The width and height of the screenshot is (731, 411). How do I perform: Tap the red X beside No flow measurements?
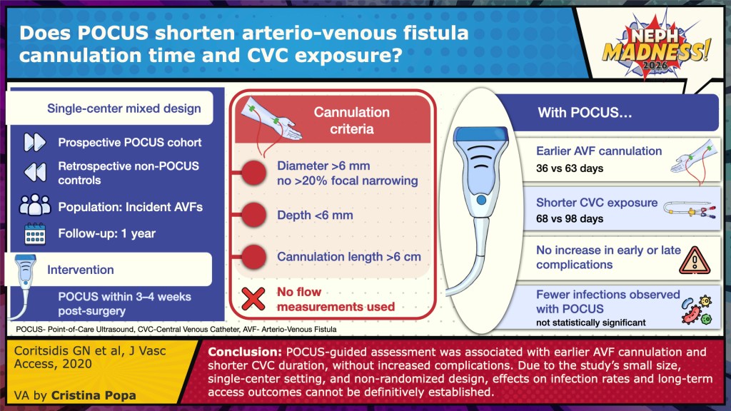click(253, 299)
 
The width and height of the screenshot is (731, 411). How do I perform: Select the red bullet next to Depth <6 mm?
click(253, 215)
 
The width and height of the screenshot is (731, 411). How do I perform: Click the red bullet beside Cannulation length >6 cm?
click(253, 257)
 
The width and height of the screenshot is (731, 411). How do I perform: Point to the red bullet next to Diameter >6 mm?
click(253, 173)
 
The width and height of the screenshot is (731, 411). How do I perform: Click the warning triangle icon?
click(695, 260)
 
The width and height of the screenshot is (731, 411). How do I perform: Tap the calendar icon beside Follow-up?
click(35, 233)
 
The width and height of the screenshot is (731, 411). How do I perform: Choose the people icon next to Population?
click(35, 205)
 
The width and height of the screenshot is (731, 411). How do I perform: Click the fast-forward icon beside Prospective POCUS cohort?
click(35, 142)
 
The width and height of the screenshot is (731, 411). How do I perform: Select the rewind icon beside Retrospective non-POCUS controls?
click(35, 172)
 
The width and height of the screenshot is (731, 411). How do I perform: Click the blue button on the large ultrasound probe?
click(481, 200)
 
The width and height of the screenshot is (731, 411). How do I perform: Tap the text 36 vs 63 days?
click(569, 168)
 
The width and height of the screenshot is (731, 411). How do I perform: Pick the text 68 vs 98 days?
click(569, 218)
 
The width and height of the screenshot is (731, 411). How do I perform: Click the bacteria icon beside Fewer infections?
click(697, 310)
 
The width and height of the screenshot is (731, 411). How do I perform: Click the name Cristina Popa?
click(94, 395)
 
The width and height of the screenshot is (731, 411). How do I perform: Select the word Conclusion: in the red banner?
click(245, 352)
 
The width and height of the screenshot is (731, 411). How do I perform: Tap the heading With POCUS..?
click(585, 112)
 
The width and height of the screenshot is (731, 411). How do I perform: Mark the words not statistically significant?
click(590, 323)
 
